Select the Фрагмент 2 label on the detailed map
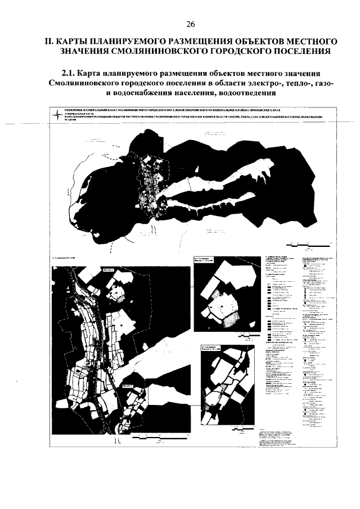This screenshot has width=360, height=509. (x=128, y=386)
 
